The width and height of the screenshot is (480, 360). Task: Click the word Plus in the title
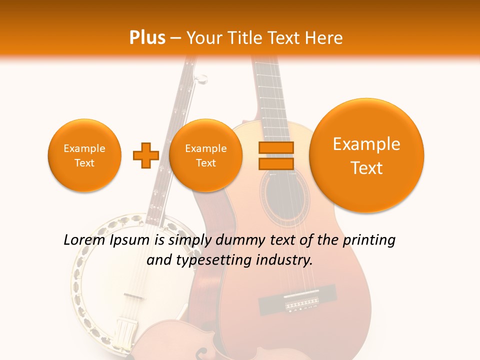point(147,38)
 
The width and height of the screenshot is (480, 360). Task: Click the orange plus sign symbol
point(145,155)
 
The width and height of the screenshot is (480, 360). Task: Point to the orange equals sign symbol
point(276,155)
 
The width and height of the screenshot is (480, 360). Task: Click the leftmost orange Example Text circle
point(84,155)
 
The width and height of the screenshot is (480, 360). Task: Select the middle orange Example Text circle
point(206,155)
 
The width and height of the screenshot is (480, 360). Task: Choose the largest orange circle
point(366,155)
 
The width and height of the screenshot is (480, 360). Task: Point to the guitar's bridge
point(298,303)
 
